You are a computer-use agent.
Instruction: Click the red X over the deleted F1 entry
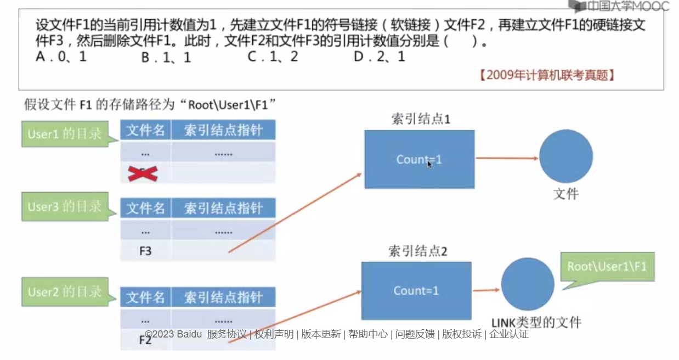click(x=143, y=173)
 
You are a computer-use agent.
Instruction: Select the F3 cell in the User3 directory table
click(x=145, y=251)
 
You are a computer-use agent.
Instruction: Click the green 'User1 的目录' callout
click(x=66, y=134)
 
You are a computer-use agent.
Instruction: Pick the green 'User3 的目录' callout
click(x=66, y=207)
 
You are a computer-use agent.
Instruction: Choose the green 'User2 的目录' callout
click(x=66, y=291)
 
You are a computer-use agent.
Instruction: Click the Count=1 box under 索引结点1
click(x=419, y=159)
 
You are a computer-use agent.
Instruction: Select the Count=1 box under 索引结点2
click(x=416, y=290)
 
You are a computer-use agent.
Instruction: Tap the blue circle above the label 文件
click(x=565, y=156)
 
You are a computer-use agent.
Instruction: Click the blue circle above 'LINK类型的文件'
click(x=527, y=284)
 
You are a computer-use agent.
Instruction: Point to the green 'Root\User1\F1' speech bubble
click(x=608, y=268)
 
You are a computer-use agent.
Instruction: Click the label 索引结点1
click(x=421, y=119)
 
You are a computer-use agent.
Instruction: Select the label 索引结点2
click(x=418, y=251)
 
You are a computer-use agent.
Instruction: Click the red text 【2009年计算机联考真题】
click(x=546, y=75)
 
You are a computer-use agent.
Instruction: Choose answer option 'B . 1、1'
click(x=166, y=57)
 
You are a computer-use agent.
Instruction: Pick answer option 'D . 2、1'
click(x=379, y=56)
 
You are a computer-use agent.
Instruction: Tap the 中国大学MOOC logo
click(x=619, y=7)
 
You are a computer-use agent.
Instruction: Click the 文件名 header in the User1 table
click(x=145, y=130)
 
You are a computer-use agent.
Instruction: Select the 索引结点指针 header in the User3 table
click(x=223, y=208)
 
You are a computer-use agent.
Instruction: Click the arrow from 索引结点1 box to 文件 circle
click(x=506, y=159)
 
